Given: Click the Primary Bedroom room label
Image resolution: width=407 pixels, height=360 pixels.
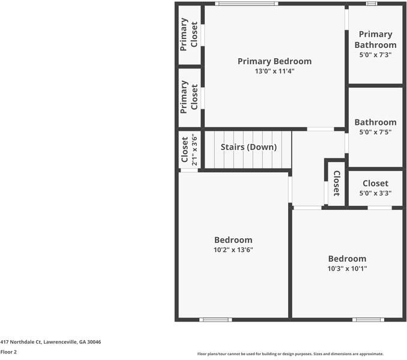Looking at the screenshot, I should [274, 61].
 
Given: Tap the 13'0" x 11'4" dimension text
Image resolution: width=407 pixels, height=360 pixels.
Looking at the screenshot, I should [274, 71].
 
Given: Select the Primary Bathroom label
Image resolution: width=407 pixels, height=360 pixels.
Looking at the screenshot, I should [375, 40].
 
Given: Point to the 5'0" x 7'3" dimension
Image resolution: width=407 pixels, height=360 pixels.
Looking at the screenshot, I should [375, 55].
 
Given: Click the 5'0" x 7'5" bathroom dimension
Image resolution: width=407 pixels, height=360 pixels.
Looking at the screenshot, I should [375, 132].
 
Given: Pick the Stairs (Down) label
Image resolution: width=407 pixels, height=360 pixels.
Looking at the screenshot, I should [249, 147].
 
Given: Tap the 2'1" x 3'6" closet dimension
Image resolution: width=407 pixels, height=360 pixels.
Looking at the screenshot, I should [194, 150].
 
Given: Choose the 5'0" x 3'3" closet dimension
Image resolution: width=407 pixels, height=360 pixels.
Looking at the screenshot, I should [375, 193].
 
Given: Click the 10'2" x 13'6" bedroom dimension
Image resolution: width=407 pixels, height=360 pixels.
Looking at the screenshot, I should [234, 250].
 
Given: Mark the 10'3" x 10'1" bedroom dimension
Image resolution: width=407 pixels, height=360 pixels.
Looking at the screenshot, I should [347, 269].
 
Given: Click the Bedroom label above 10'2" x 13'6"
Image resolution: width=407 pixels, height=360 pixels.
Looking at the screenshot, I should [234, 240].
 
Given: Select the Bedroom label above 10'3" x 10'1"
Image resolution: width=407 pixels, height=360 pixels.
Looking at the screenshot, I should [347, 259].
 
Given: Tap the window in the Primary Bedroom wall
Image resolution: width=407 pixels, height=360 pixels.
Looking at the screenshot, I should [247, 4].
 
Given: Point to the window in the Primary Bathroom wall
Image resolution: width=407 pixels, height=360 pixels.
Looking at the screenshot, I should [372, 4].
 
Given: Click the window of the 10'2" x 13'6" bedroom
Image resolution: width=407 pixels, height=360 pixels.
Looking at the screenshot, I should [216, 319].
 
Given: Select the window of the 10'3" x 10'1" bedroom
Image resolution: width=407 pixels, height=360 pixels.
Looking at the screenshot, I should [368, 319].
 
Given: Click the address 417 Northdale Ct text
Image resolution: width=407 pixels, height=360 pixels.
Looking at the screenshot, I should [50, 342].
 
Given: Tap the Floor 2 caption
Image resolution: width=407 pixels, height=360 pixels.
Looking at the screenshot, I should [8, 352].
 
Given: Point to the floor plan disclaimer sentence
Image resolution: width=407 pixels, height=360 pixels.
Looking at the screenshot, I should [291, 354].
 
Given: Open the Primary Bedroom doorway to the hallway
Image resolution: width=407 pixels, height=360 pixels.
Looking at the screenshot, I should [321, 129].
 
